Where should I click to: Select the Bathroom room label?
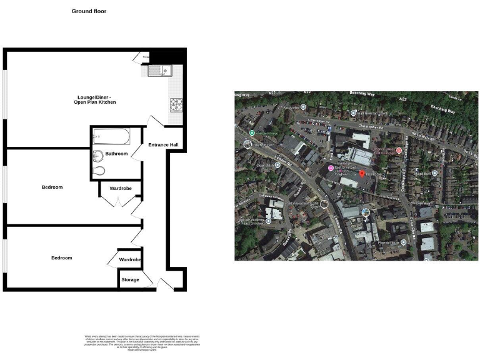click(116, 154)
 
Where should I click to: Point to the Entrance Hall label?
click(163, 145)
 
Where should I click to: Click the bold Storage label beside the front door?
click(130, 279)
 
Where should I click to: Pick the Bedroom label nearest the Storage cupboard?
click(61, 257)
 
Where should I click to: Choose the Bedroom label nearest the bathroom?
click(52, 187)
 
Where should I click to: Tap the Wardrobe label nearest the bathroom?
click(119, 186)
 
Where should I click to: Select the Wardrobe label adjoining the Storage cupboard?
click(130, 259)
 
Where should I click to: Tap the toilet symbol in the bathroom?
click(97, 170)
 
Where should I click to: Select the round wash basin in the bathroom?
click(98, 155)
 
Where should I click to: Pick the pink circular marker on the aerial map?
click(331, 167)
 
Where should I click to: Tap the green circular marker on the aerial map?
click(252, 133)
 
